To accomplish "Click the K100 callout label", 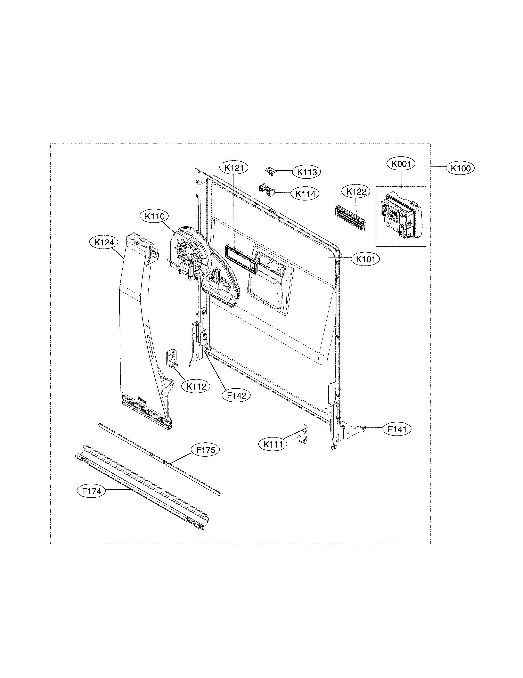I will tap(460, 168).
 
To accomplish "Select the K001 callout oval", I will tap(401, 164).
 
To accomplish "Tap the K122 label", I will tap(356, 191).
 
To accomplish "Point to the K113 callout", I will tap(307, 172).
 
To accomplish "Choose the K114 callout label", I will tap(305, 194).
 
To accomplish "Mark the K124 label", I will tap(104, 243).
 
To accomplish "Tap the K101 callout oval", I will tap(365, 259).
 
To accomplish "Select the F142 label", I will tap(236, 395).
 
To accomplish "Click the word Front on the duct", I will tap(142, 401).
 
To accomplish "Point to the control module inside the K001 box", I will tap(401, 216).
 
